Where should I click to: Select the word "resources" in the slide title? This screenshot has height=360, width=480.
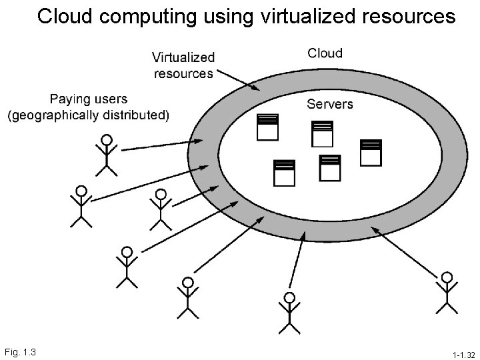(x=409, y=16)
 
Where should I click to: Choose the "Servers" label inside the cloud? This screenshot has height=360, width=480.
(x=330, y=103)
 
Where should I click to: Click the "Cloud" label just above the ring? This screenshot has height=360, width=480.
(x=325, y=53)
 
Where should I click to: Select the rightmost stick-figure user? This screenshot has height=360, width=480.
(x=447, y=292)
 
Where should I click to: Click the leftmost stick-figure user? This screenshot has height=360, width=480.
(x=81, y=207)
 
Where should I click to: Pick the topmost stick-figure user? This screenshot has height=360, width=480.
(x=106, y=155)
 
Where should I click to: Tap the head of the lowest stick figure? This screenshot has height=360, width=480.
(x=289, y=297)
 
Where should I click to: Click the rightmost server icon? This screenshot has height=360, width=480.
(x=371, y=152)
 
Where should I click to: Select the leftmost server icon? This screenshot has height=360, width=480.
(x=267, y=127)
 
